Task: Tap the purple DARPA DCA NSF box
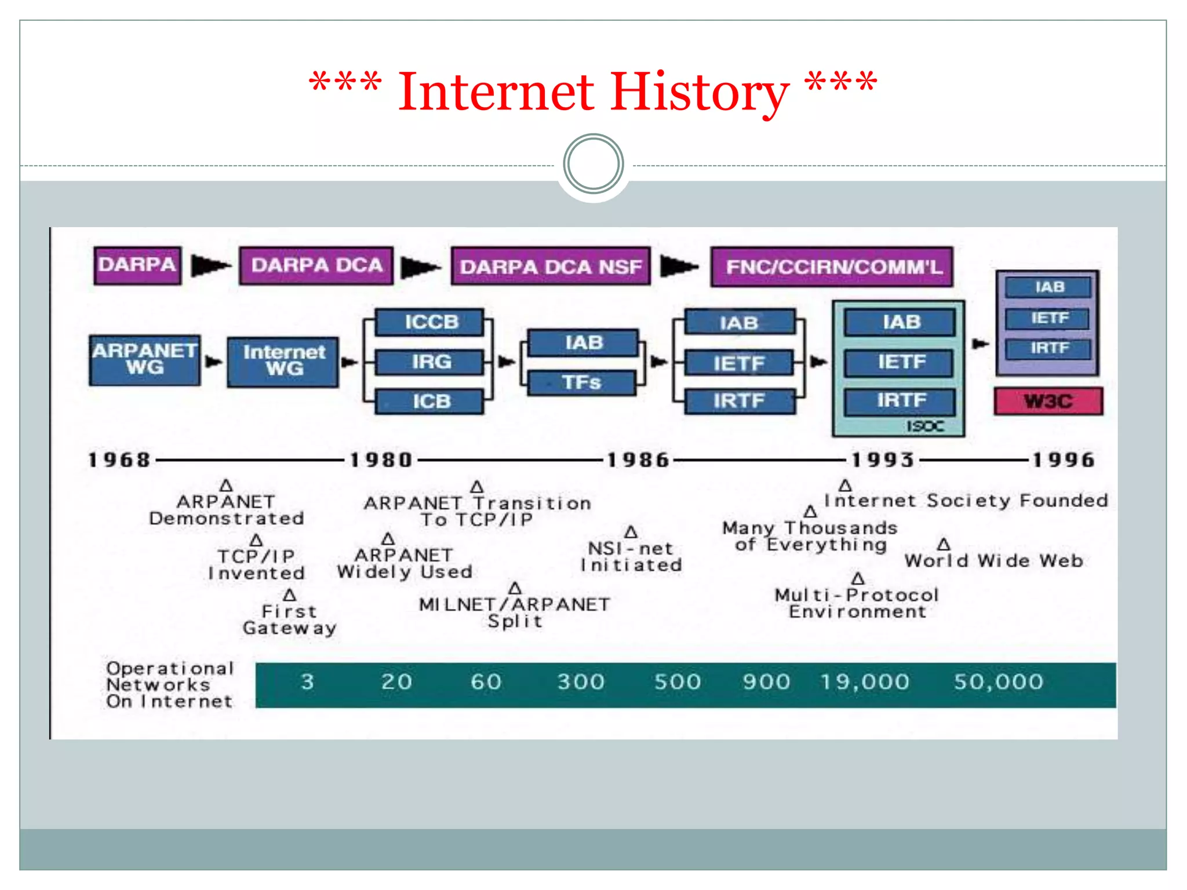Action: [551, 266]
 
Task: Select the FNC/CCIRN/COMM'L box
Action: [832, 267]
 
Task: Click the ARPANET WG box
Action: [145, 360]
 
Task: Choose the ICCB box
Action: [430, 322]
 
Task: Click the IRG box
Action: [430, 362]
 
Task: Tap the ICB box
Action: [430, 401]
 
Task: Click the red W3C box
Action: [1048, 401]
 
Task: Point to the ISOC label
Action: [925, 426]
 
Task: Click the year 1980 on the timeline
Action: [381, 460]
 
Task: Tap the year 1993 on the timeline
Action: [883, 460]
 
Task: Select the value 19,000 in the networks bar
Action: [865, 682]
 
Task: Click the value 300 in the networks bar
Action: [581, 682]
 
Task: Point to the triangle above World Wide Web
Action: [944, 545]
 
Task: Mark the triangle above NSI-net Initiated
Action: [631, 532]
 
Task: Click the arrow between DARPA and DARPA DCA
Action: [210, 265]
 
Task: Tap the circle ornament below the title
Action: [593, 164]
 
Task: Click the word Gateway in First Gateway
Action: [289, 628]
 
